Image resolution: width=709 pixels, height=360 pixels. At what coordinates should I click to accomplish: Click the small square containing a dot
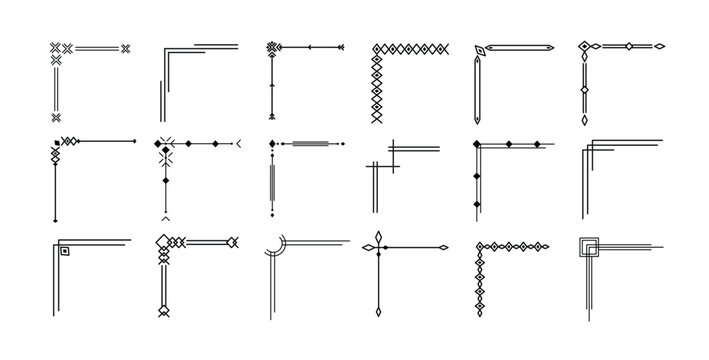(63, 251)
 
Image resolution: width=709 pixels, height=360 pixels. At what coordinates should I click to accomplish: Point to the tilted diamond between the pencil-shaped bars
(481, 51)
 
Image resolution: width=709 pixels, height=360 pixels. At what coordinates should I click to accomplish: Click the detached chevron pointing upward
(165, 217)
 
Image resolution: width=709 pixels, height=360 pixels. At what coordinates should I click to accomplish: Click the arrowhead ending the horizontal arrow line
(339, 46)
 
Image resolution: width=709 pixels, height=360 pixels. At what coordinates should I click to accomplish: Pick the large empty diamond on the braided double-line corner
(232, 242)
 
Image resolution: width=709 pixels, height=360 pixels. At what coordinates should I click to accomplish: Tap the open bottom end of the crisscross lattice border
(377, 117)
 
